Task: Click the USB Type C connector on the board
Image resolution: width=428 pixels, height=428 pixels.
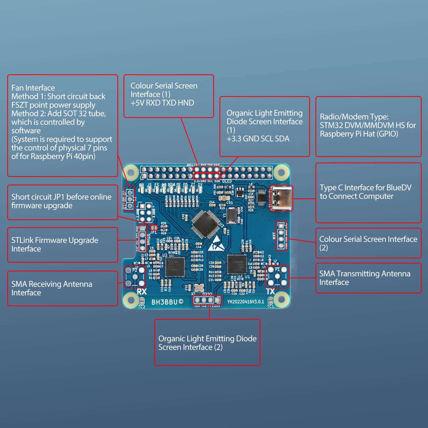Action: tap(281, 198)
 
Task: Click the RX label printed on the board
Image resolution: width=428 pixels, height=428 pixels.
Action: tap(142, 291)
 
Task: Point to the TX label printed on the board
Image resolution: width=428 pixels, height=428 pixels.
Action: tap(270, 291)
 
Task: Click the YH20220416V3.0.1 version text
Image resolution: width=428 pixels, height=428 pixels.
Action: tap(245, 302)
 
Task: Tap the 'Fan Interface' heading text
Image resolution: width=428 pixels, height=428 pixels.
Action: tap(33, 88)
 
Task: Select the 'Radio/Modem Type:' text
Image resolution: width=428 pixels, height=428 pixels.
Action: tap(354, 117)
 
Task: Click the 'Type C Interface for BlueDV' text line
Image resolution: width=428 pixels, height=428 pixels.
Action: tap(365, 187)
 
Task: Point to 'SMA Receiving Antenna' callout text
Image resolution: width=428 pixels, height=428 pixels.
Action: tap(52, 284)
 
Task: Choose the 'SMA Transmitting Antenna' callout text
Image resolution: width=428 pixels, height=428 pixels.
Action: tap(365, 273)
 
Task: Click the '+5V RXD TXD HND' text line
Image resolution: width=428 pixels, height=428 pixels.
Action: tap(162, 103)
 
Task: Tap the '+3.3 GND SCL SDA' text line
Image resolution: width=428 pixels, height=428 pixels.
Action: tap(258, 138)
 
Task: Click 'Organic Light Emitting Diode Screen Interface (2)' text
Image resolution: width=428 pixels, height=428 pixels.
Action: tap(207, 343)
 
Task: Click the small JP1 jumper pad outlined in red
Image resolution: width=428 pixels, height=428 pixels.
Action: tap(154, 228)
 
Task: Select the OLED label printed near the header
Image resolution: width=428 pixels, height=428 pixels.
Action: tap(227, 181)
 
